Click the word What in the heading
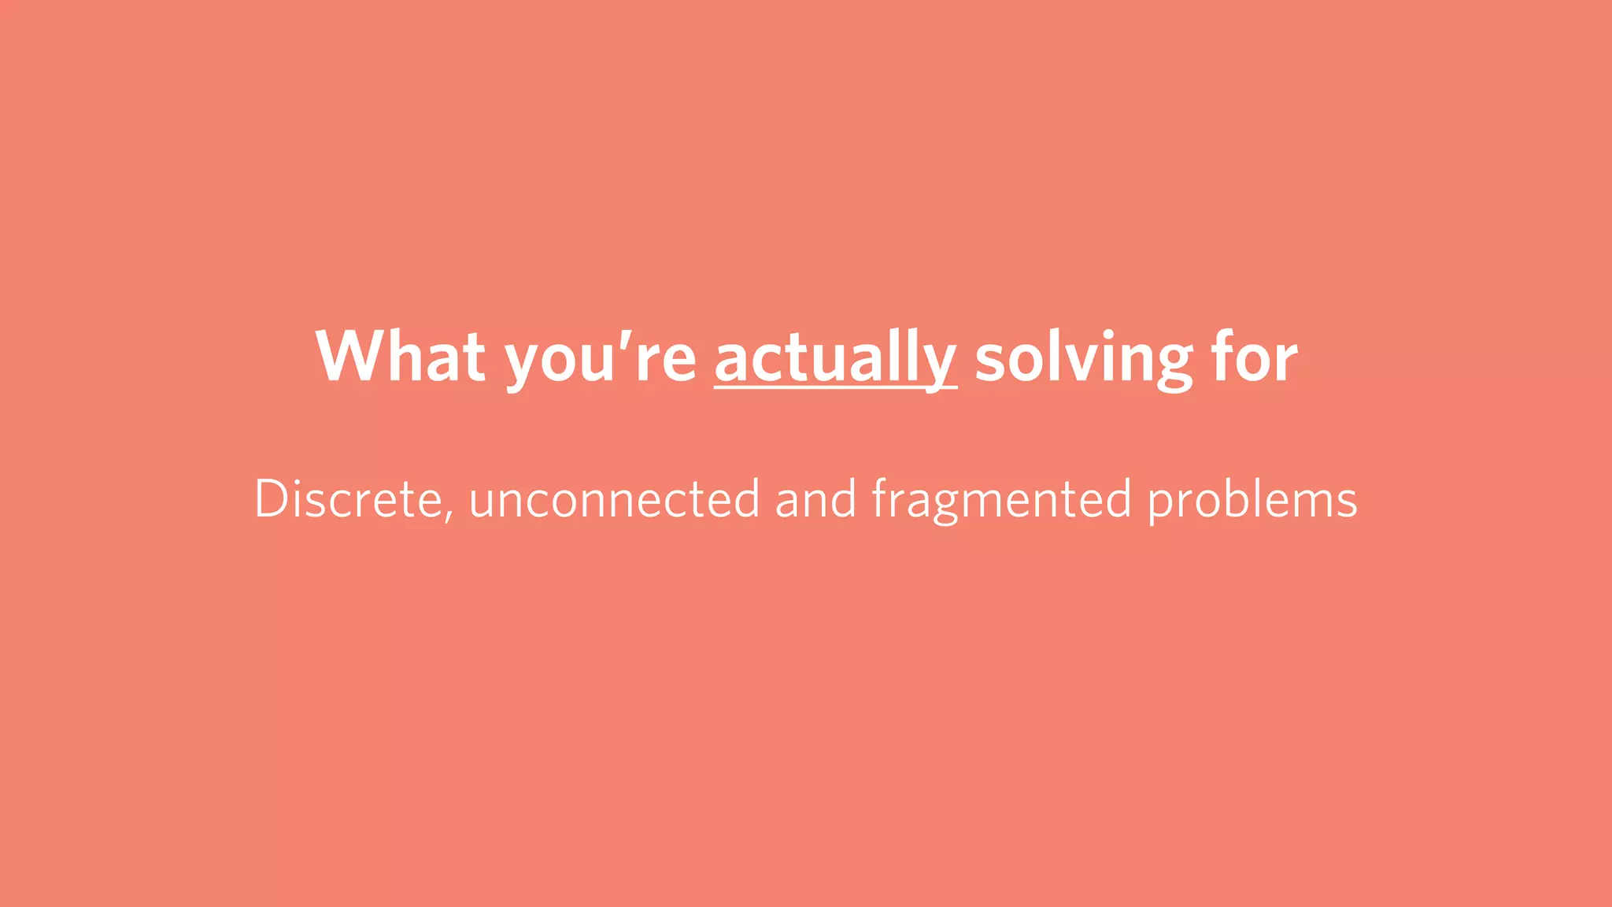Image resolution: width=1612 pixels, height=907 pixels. click(400, 357)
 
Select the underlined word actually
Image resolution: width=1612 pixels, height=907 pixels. click(835, 359)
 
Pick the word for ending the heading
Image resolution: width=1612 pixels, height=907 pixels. click(1254, 357)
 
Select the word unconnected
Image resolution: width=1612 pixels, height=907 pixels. click(614, 499)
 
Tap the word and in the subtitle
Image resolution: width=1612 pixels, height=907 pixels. click(815, 499)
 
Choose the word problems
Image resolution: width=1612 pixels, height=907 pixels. click(1252, 499)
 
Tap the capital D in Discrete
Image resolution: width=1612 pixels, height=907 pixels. click(271, 499)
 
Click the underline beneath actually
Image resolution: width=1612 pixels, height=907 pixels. click(835, 387)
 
